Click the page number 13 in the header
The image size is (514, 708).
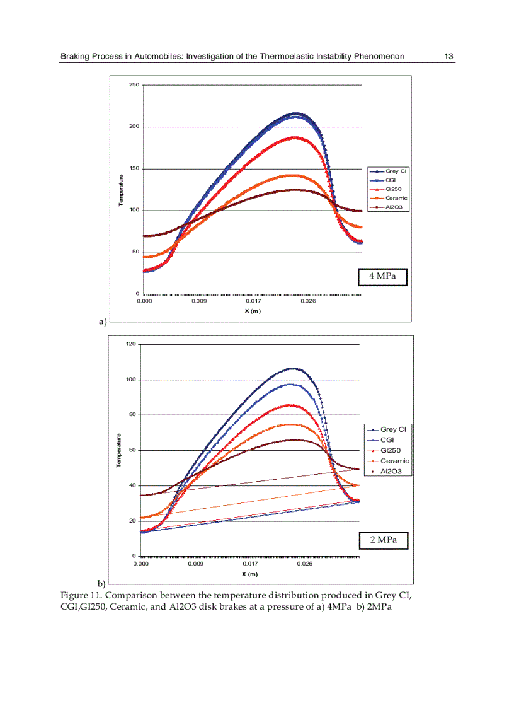(x=448, y=57)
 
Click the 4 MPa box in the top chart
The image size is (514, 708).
(x=383, y=276)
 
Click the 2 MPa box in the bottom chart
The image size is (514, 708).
(x=384, y=540)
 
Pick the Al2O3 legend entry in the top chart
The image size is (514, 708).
(x=394, y=207)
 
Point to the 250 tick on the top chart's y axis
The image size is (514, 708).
(x=134, y=85)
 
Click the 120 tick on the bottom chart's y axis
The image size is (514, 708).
(x=131, y=344)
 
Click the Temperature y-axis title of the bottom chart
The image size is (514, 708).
(x=118, y=450)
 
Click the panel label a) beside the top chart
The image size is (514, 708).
(x=103, y=322)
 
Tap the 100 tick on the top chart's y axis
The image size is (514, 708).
(x=134, y=211)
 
